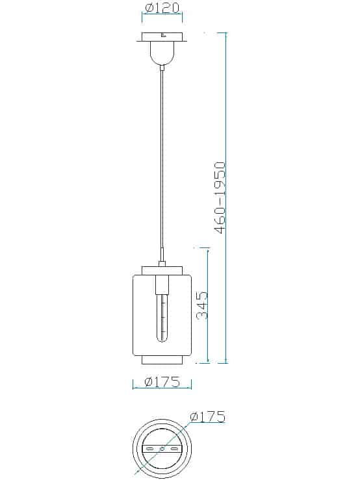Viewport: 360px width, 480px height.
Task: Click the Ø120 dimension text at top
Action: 162,9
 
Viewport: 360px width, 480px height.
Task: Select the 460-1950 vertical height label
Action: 220,198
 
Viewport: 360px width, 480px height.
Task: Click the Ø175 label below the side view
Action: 162,382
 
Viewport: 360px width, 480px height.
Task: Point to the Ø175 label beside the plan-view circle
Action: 207,417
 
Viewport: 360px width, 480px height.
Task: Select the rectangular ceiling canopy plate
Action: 162,38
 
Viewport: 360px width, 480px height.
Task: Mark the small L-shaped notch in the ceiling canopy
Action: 163,36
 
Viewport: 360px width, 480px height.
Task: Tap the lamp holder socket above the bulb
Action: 162,284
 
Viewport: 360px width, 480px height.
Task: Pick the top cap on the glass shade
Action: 162,269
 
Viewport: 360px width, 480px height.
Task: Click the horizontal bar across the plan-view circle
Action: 161,449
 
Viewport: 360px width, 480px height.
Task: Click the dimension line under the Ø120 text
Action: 162,19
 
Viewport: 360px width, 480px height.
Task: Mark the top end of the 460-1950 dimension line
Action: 225,34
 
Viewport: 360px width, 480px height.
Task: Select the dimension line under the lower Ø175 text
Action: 162,388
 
